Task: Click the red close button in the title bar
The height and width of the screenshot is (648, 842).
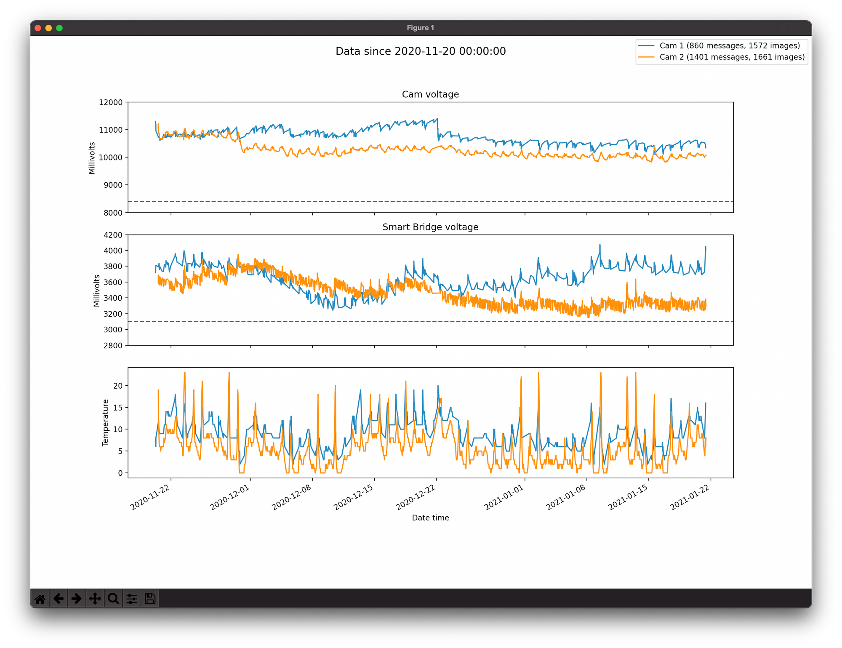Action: (37, 28)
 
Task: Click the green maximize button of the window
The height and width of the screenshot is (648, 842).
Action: (59, 28)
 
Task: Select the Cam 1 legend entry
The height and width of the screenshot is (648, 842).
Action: (729, 45)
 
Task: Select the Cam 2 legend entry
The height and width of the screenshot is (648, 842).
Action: (732, 57)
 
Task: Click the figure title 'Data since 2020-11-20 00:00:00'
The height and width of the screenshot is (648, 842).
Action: (421, 51)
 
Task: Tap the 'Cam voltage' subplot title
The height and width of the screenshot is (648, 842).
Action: (430, 94)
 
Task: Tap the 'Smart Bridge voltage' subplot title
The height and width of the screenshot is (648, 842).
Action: (430, 227)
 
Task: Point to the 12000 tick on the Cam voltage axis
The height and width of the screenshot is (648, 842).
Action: (111, 102)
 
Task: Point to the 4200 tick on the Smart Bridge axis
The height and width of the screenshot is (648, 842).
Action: (113, 235)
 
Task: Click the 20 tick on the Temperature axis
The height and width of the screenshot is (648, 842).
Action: (118, 386)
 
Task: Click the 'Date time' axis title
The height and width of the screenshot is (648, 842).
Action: (430, 518)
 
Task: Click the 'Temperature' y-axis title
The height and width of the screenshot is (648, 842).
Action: (106, 422)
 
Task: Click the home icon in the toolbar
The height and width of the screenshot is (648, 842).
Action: (40, 598)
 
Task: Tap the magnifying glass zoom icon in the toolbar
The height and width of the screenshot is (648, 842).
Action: (113, 598)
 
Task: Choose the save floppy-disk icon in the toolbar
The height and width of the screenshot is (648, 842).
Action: (150, 598)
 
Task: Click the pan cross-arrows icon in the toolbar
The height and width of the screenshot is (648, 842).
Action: (95, 598)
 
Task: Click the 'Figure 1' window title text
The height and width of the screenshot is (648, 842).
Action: (420, 28)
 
